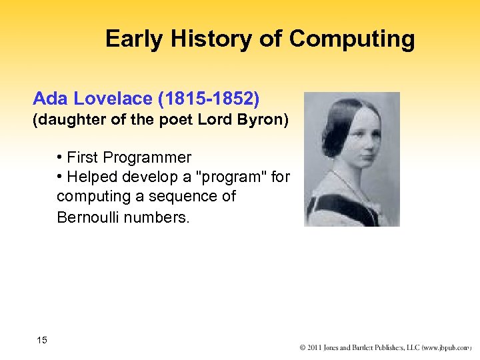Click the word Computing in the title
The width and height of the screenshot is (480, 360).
(x=352, y=40)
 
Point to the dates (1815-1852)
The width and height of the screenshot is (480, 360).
(x=207, y=99)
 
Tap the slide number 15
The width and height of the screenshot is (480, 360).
(x=42, y=341)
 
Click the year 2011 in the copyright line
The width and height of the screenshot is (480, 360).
(x=318, y=348)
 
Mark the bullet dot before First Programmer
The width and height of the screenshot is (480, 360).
(x=60, y=158)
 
